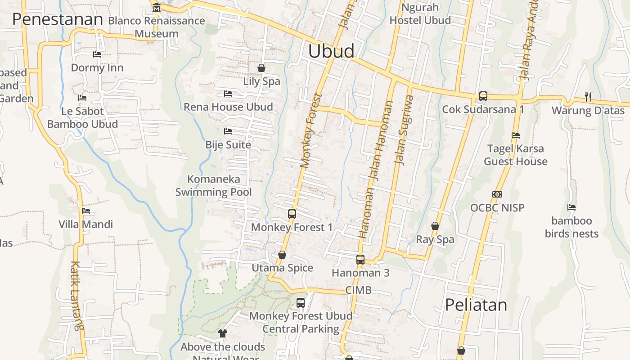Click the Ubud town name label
[331, 51]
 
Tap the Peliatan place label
[476, 305]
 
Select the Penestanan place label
[58, 19]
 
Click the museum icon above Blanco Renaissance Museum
[157, 8]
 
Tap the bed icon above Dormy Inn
[97, 54]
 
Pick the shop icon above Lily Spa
[261, 68]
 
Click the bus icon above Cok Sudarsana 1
[483, 96]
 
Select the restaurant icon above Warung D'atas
[588, 97]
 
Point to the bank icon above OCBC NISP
[497, 194]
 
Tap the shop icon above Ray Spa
[435, 226]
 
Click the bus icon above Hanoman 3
[360, 259]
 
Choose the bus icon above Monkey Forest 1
[292, 214]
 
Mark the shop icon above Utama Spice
[282, 255]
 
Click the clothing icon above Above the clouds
[223, 333]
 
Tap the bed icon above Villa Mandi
[86, 211]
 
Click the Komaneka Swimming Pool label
[213, 185]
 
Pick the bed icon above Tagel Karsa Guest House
[516, 135]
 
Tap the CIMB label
[358, 290]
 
